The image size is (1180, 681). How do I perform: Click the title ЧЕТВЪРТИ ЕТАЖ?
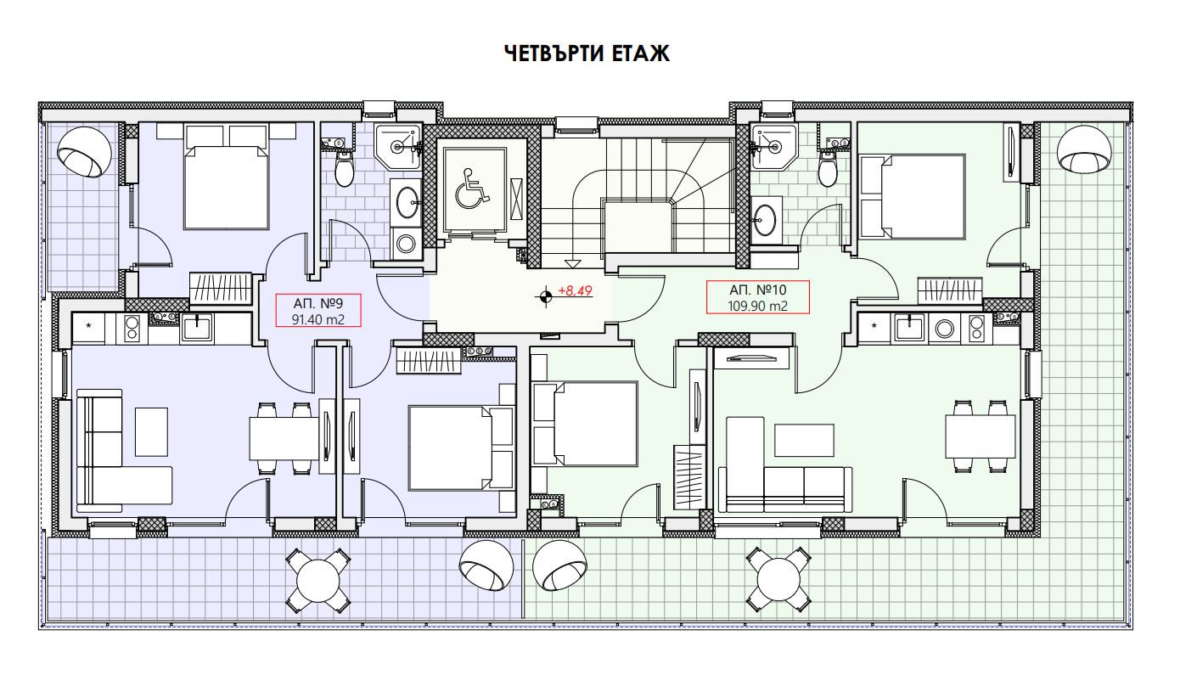click(x=587, y=53)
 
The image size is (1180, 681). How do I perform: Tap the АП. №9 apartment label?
click(x=318, y=303)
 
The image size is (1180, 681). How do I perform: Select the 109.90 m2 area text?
click(x=757, y=307)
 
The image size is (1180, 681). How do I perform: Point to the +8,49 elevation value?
click(x=576, y=290)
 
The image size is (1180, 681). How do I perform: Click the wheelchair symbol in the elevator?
click(x=473, y=189)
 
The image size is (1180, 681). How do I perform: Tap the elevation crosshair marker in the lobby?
click(x=545, y=296)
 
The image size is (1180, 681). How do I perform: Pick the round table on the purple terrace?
click(x=317, y=581)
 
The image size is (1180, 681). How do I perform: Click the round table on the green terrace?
click(x=778, y=580)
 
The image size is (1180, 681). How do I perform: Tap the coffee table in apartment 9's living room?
click(x=152, y=431)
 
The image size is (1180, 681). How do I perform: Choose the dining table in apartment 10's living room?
click(x=981, y=436)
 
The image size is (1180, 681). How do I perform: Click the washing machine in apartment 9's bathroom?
click(x=407, y=244)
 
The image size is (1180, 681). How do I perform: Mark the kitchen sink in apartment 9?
click(x=196, y=329)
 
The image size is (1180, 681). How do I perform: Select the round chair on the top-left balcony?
click(x=84, y=153)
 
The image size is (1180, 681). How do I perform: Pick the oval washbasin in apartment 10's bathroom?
click(x=764, y=220)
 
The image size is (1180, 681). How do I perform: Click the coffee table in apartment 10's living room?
click(x=804, y=440)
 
